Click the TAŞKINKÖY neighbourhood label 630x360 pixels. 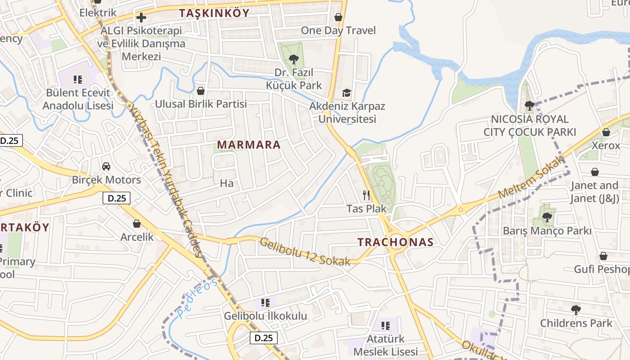214,13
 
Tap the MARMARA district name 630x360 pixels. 249,145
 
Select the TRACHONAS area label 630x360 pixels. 396,242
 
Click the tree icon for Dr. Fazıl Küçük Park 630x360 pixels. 294,59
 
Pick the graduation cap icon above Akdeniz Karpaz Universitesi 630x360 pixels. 346,93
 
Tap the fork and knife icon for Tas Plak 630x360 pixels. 366,195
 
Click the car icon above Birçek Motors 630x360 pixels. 106,166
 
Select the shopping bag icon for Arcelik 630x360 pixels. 137,224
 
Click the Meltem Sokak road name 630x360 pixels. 531,178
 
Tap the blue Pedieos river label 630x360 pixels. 197,298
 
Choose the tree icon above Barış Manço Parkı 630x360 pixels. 547,217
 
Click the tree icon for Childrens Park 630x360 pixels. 576,310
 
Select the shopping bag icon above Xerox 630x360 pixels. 606,132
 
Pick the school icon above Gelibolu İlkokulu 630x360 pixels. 265,302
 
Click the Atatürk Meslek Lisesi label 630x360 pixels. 386,345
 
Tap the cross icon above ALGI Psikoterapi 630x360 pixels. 141,18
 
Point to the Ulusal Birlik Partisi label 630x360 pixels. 201,104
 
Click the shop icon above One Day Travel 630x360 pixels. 338,17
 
